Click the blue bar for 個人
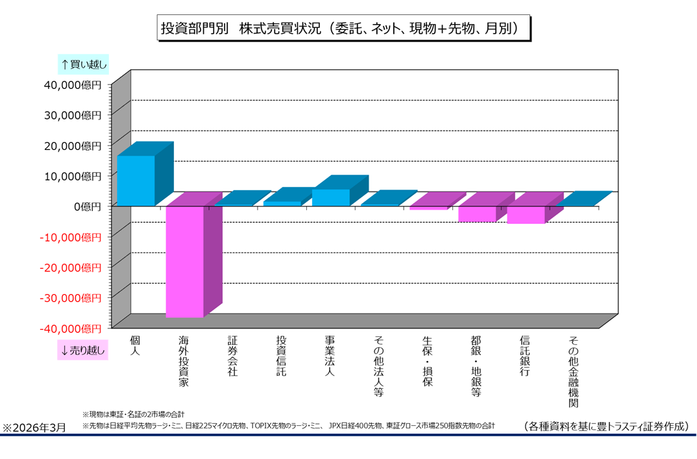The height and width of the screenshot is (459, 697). coord(136,180)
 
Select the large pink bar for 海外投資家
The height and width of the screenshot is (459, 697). coord(184,261)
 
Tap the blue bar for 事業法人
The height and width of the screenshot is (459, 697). coord(330,197)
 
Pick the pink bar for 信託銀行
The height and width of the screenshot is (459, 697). coord(526,214)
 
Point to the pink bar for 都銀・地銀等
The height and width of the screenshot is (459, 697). coord(477,214)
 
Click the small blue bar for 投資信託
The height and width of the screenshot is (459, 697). coord(282,203)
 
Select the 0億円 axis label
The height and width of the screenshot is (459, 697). coord(87,206)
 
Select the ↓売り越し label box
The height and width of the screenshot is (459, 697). coord(82,351)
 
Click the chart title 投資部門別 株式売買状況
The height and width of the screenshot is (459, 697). coord(345,29)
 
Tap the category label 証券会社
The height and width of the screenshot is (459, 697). coord(232,356)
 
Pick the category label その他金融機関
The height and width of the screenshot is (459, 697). coord(573,371)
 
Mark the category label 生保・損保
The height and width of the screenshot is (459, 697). coord(427,361)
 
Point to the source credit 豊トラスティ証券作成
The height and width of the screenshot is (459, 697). coord(607,426)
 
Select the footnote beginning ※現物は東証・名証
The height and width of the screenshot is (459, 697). coord(134,414)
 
